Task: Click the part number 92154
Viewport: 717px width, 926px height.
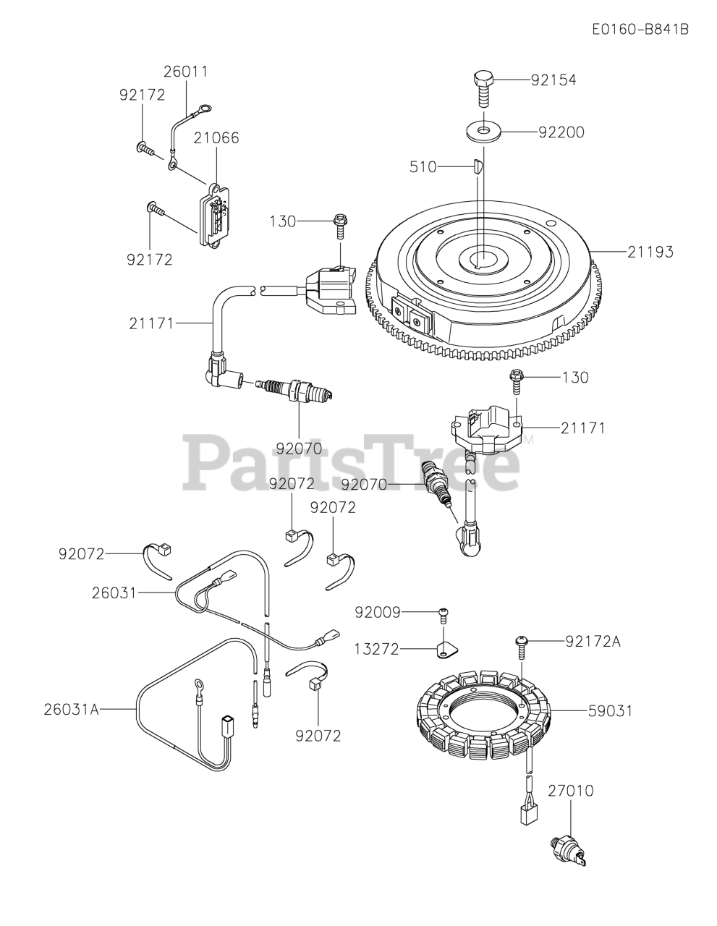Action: (553, 80)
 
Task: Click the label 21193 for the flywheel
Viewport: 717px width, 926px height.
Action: (650, 252)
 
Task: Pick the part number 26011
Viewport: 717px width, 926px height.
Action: (185, 72)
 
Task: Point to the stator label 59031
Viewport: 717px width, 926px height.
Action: (609, 711)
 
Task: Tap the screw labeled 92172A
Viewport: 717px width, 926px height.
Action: (521, 643)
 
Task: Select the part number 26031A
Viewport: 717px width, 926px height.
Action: (69, 710)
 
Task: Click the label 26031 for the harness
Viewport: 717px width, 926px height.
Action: (114, 592)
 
